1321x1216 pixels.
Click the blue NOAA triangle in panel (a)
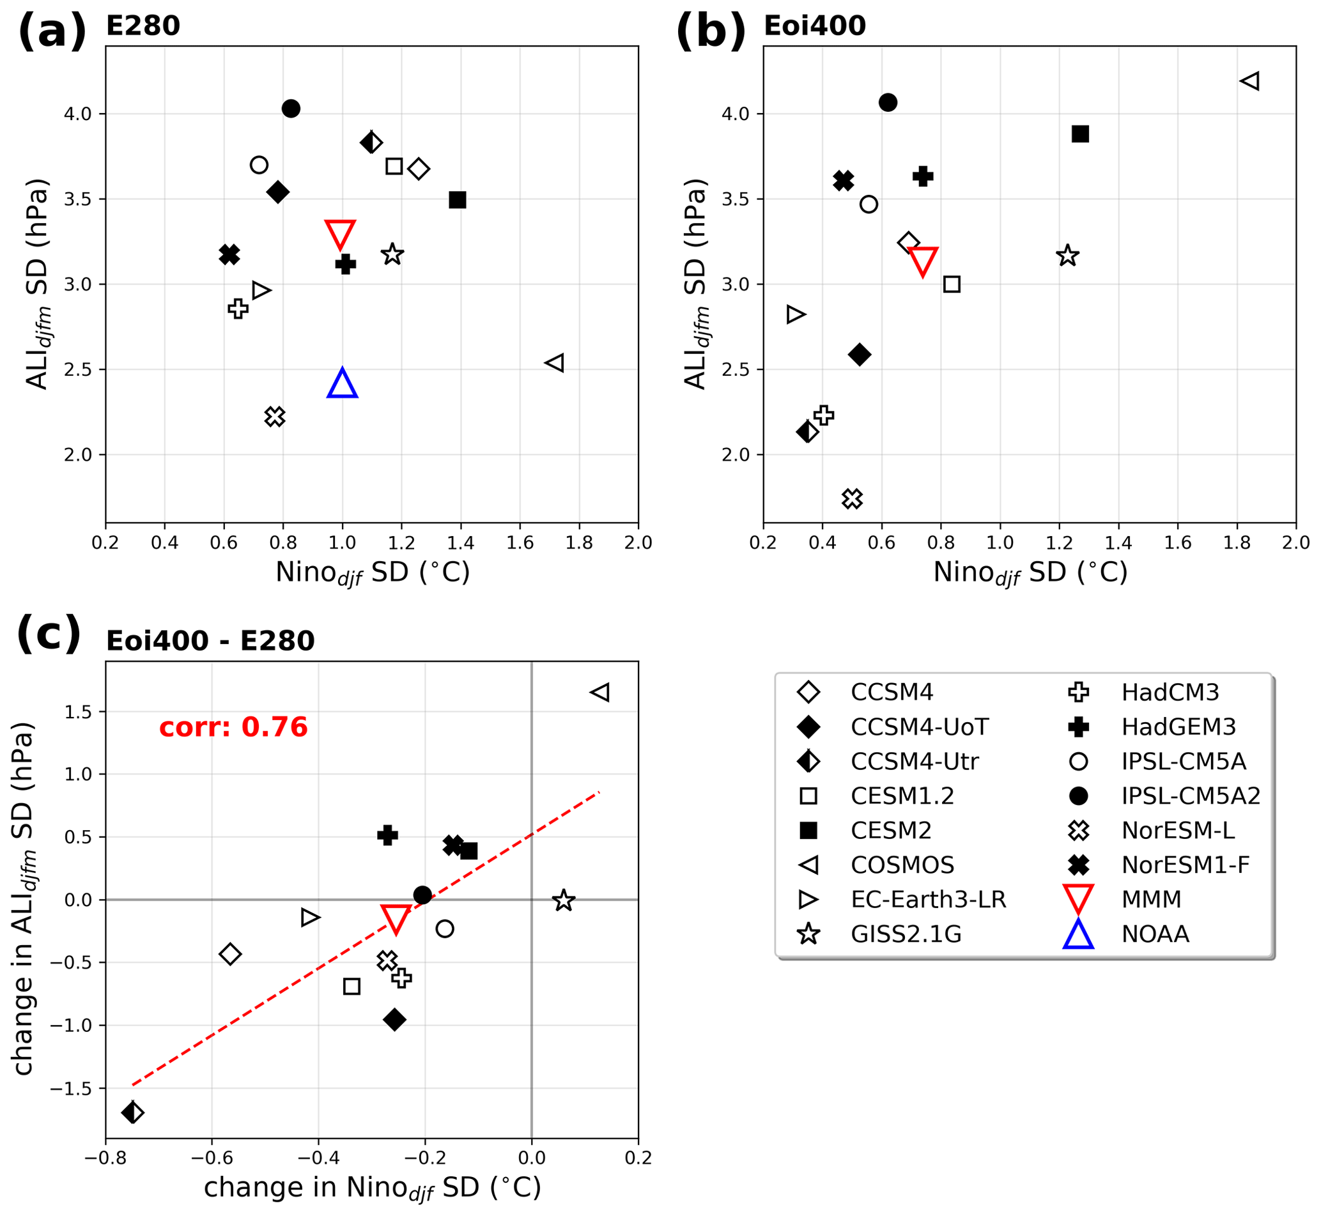click(x=343, y=384)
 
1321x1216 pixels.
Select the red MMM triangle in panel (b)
click(x=923, y=261)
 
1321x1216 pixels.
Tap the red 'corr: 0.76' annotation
click(x=234, y=727)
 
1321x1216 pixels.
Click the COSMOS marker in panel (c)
click(x=600, y=692)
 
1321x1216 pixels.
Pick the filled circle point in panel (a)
click(x=291, y=109)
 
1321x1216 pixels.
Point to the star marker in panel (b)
click(x=1067, y=256)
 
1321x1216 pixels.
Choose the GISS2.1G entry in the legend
click(x=906, y=934)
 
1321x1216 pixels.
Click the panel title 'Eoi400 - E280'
click(x=211, y=641)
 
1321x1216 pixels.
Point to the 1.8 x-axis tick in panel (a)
click(x=579, y=543)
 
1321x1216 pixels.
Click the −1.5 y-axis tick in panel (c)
click(x=71, y=1088)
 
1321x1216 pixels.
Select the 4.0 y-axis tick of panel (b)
click(x=735, y=114)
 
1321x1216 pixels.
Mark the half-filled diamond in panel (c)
click(x=133, y=1112)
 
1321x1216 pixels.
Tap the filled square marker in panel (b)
click(x=1080, y=134)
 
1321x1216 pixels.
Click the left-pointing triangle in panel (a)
click(x=555, y=362)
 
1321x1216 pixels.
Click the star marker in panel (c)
click(x=564, y=900)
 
